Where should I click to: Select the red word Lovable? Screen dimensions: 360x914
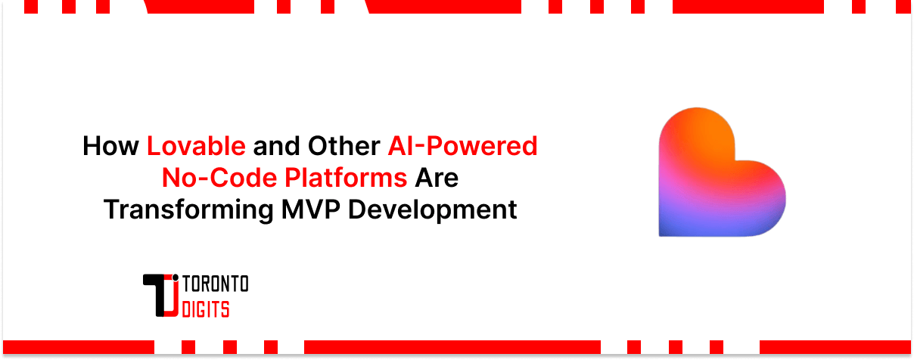(196, 146)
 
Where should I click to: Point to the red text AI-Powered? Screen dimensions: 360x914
(463, 146)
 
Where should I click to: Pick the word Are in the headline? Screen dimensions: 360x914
(438, 178)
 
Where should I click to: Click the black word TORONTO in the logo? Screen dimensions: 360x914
(216, 285)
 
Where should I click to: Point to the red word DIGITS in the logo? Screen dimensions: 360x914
(206, 308)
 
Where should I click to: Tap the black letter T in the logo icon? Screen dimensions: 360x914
(157, 291)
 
